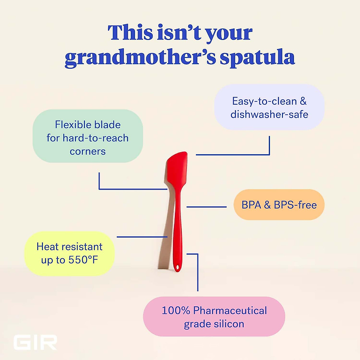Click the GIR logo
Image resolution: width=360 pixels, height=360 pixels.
coord(35,343)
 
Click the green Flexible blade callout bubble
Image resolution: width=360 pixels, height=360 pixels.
coord(88,136)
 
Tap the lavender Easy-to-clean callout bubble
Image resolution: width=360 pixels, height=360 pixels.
coord(269,107)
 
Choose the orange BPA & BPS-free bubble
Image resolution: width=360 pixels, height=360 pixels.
coord(279,205)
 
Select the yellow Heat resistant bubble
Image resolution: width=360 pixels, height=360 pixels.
coord(69,253)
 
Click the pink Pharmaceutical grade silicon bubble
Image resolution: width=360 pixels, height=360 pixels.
coord(214,317)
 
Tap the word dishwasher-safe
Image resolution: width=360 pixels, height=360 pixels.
coord(269,114)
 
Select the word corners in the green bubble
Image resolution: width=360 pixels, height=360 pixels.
coord(88,151)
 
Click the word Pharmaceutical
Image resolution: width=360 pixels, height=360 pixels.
coord(230,310)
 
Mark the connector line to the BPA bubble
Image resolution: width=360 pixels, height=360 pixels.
coord(206,207)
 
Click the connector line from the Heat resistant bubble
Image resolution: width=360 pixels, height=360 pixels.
coord(142,237)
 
